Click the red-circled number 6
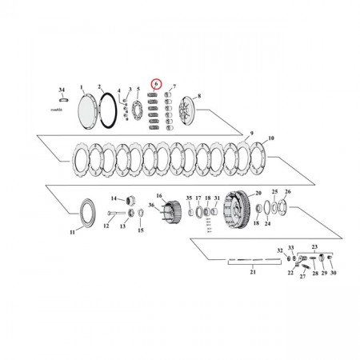(156, 83)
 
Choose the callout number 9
(251, 132)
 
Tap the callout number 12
(104, 226)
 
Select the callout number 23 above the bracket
(314, 247)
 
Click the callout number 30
(334, 274)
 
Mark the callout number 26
(288, 192)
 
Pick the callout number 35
(189, 197)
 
